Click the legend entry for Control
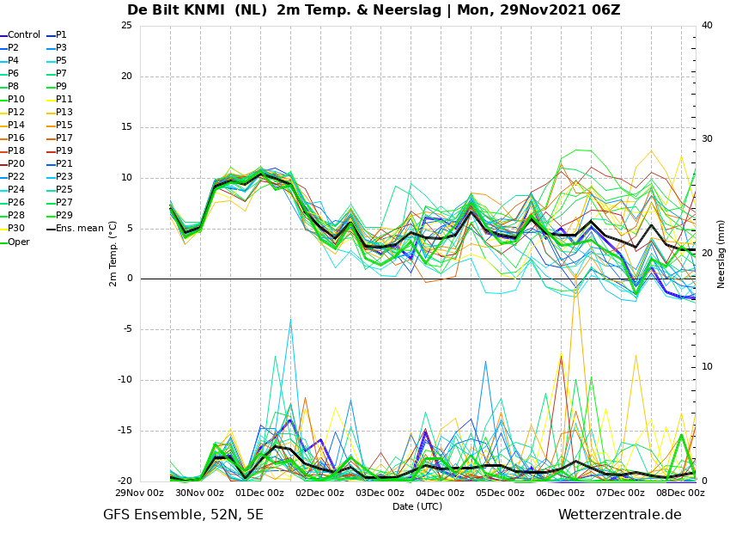pos(21,35)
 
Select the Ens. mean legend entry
pos(75,229)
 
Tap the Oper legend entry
pos(15,242)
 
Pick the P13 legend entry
pos(59,113)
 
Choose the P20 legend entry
pos(13,163)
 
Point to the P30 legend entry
pos(13,229)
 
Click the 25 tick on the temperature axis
pos(126,25)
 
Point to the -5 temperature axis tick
pos(128,329)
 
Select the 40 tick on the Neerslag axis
pos(707,25)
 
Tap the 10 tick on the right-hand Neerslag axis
pos(707,367)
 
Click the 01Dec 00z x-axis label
pos(259,493)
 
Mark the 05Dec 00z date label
pos(501,493)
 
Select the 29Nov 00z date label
pos(140,493)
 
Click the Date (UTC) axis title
pos(417,506)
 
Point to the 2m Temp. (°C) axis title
pos(113,254)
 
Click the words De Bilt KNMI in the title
pos(175,9)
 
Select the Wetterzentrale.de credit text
pos(620,515)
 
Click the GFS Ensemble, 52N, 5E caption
pos(183,515)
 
